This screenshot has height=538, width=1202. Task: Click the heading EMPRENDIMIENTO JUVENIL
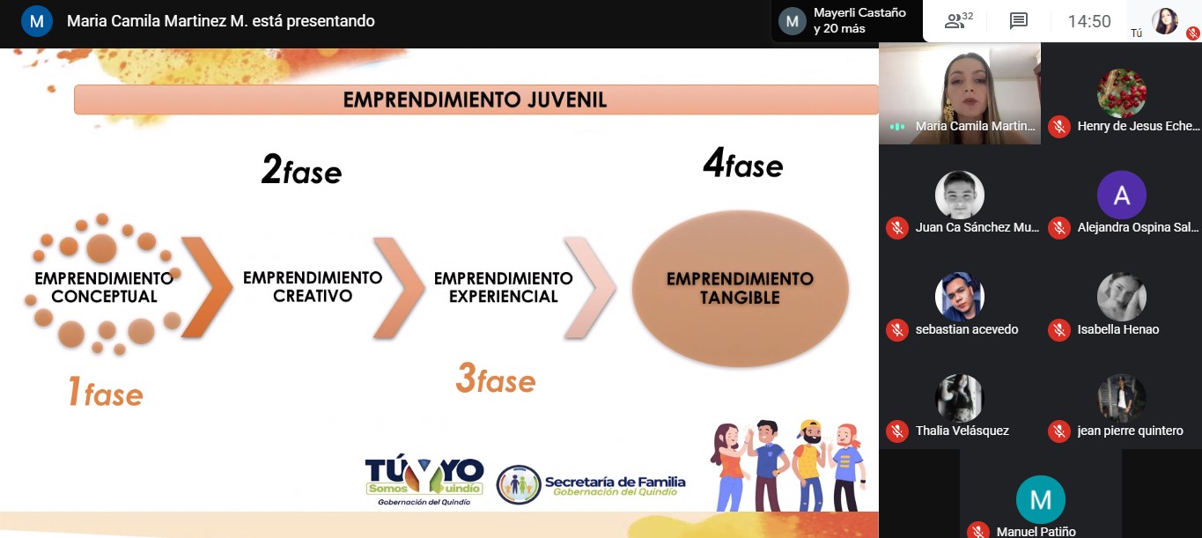click(475, 99)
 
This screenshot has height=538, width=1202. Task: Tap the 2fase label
click(301, 169)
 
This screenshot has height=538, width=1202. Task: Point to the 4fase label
click(743, 163)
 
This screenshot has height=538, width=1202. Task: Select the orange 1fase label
click(106, 391)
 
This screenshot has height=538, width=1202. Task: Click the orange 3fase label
click(496, 378)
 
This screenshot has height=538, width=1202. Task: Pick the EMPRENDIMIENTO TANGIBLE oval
click(740, 289)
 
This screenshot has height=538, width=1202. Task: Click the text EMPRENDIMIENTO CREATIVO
click(313, 286)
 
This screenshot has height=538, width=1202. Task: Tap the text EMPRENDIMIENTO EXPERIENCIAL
click(504, 287)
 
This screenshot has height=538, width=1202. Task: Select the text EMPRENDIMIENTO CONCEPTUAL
click(104, 287)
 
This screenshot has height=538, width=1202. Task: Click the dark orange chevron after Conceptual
click(208, 287)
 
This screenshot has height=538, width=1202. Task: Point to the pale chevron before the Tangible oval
click(590, 288)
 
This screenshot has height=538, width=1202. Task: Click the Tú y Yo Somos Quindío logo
click(424, 481)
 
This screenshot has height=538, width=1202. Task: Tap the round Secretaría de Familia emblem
click(519, 484)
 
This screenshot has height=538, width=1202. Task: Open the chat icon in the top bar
click(1019, 21)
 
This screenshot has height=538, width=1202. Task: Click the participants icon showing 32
click(958, 20)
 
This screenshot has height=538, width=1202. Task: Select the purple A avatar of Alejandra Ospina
click(1122, 195)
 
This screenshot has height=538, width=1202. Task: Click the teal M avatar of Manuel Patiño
click(1041, 500)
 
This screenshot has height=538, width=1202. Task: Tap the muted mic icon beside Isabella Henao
click(1059, 330)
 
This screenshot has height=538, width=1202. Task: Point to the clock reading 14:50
click(1089, 21)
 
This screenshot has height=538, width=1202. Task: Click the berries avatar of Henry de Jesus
click(1122, 93)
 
